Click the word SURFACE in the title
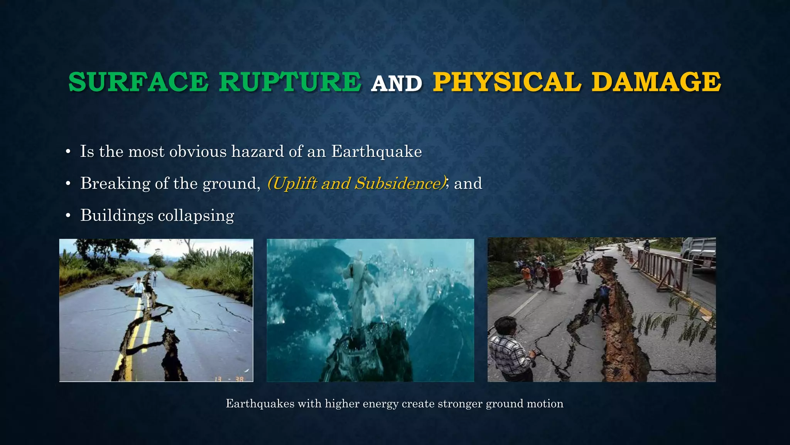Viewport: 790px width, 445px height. pos(138,82)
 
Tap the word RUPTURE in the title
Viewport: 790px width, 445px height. pos(290,82)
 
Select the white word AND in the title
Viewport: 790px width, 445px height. pos(397,84)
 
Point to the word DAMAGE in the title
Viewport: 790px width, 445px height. pos(656,82)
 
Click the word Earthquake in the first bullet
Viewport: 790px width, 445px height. pos(376,151)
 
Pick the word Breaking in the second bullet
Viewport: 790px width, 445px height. pos(115,183)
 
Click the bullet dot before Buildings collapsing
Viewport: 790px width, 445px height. pos(68,216)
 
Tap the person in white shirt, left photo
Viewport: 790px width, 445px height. pos(137,288)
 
